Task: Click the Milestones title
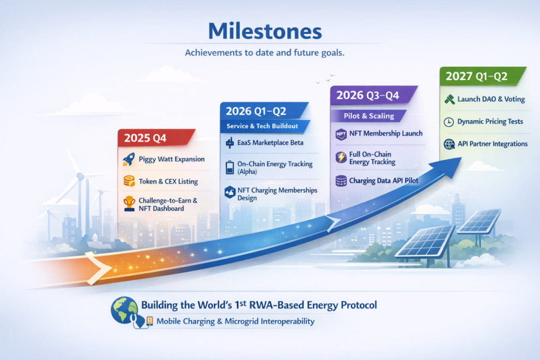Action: click(x=265, y=32)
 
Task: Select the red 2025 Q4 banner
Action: click(x=156, y=138)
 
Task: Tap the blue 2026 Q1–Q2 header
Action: click(x=264, y=111)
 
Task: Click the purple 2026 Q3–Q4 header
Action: click(x=373, y=95)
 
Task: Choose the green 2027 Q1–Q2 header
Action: click(x=482, y=76)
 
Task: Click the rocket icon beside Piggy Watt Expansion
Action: click(x=129, y=159)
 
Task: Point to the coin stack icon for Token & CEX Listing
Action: click(x=129, y=181)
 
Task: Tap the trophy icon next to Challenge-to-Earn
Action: click(x=129, y=204)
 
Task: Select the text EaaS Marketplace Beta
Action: click(x=270, y=143)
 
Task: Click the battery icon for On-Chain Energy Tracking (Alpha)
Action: click(x=230, y=168)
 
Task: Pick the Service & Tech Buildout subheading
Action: click(x=263, y=126)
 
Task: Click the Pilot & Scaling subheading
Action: click(x=369, y=116)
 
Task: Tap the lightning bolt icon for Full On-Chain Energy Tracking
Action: click(x=341, y=157)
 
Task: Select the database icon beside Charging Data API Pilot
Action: click(x=341, y=181)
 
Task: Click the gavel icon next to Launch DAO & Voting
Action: click(x=449, y=100)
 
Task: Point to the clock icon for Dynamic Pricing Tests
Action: click(x=449, y=122)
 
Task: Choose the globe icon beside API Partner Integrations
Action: click(x=449, y=144)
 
